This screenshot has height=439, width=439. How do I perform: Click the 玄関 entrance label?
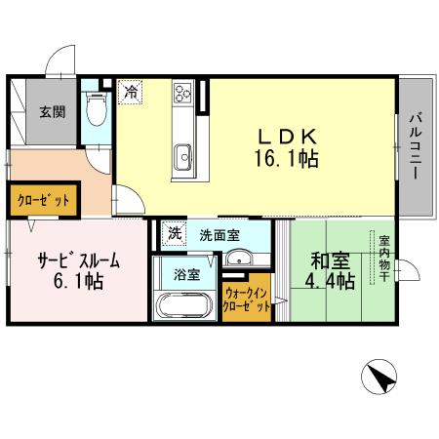[53, 110]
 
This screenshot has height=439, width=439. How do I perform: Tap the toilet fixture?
[96, 110]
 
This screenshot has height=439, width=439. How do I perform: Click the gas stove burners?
[182, 95]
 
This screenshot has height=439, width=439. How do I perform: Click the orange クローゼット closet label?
[43, 201]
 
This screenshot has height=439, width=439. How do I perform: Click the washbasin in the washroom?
[238, 259]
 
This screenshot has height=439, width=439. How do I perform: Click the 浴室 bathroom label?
[186, 275]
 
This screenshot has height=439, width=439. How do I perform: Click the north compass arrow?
[382, 375]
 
